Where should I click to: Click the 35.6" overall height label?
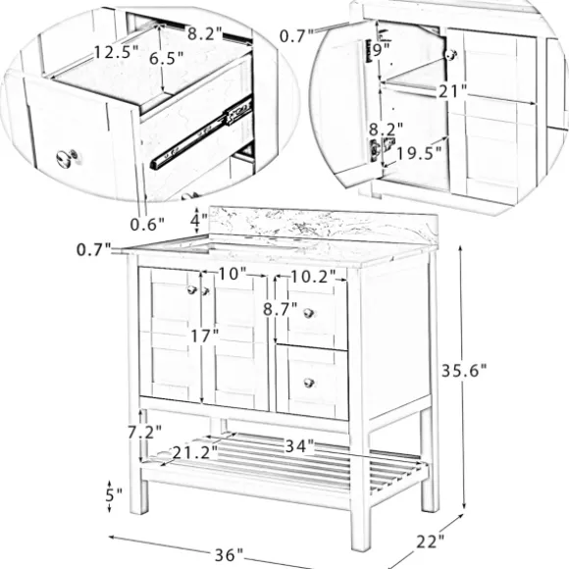[x=463, y=371]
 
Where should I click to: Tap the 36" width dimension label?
[x=229, y=554]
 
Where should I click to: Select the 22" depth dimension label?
[x=430, y=542]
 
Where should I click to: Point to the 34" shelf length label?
[x=299, y=446]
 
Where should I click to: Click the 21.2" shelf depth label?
[x=195, y=452]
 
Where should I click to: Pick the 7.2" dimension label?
[x=144, y=433]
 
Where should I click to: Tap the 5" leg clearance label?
[x=114, y=494]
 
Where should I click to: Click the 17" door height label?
[x=205, y=336]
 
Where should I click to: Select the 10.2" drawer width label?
[x=313, y=278]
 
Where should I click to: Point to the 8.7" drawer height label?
[x=281, y=309]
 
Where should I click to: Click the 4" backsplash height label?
[x=199, y=220]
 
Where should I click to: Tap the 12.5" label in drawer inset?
[x=116, y=52]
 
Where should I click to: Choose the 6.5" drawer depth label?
[x=167, y=58]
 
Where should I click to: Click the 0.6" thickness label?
[x=147, y=225]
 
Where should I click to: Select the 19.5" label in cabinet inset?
[x=419, y=153]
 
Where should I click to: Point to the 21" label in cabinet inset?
[x=452, y=91]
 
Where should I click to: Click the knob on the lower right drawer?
[x=309, y=383]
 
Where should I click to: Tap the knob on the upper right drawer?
[x=308, y=313]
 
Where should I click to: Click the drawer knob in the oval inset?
[x=67, y=158]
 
